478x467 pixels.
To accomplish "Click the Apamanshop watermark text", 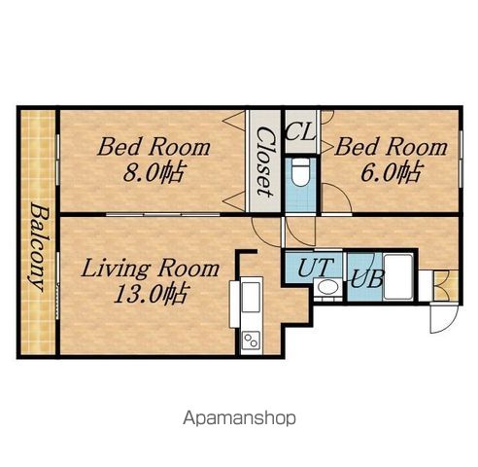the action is (239, 418).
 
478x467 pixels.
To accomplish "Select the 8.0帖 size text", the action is (154, 173).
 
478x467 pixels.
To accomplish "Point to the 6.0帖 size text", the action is (392, 172).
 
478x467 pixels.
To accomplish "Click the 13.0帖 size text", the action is (151, 294).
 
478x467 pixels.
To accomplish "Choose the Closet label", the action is (266, 162).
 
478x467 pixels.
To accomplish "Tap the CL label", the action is (300, 132).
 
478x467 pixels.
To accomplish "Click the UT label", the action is (315, 268).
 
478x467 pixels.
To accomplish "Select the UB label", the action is (367, 278).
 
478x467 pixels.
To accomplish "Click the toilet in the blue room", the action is (300, 173).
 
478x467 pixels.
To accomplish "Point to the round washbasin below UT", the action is (328, 287).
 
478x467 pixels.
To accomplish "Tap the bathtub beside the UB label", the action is (397, 277).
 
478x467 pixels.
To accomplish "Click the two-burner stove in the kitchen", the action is (252, 340).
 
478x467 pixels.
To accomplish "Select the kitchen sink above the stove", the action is (251, 297).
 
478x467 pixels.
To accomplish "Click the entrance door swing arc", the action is (444, 319).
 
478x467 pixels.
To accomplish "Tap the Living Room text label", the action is (150, 269).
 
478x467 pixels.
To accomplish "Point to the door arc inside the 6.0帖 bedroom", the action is (337, 198).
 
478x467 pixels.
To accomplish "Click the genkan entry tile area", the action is (446, 285).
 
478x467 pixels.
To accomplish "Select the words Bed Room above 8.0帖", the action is (154, 147).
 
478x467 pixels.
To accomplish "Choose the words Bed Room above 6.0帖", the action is (392, 147).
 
